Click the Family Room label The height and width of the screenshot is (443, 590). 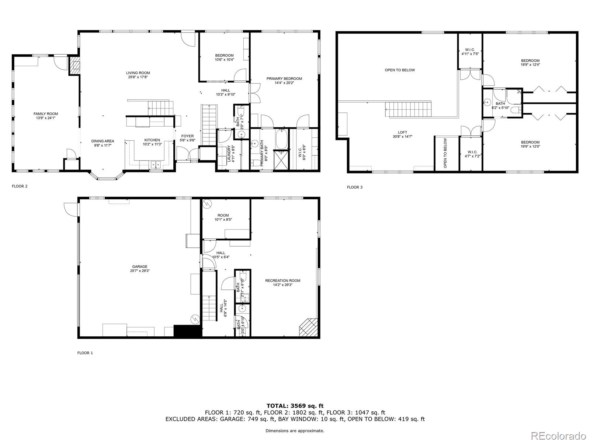click(45, 114)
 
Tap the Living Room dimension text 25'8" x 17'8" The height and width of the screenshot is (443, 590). click(138, 77)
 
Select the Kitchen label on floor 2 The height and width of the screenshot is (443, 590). click(152, 140)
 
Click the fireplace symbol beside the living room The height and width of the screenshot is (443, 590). click(75, 65)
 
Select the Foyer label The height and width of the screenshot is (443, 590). click(187, 136)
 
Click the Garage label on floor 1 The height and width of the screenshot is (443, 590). click(140, 267)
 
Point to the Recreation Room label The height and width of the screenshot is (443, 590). click(282, 281)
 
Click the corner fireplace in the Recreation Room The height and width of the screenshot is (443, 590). click(309, 327)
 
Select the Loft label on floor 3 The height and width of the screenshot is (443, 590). click(402, 132)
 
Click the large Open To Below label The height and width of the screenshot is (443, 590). click(400, 70)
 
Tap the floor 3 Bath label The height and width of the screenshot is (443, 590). click(500, 104)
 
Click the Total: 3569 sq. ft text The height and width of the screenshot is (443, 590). click(295, 406)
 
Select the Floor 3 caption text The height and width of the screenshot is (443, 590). click(354, 187)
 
